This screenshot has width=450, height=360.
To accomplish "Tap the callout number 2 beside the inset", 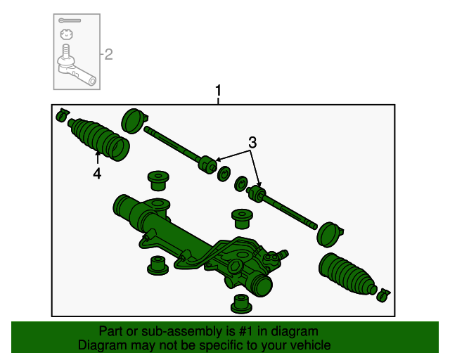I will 109,54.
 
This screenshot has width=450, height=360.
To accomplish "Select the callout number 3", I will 252,143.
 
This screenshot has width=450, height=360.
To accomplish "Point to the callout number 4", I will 97,173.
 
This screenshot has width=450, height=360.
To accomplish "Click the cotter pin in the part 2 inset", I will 70,20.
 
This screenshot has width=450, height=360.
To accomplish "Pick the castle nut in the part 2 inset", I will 65,34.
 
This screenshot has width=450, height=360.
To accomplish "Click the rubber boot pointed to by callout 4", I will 100,139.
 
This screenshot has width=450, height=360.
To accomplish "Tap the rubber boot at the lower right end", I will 348,274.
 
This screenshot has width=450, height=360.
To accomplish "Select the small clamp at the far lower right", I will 383,293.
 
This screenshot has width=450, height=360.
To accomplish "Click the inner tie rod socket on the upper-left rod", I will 207,164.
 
